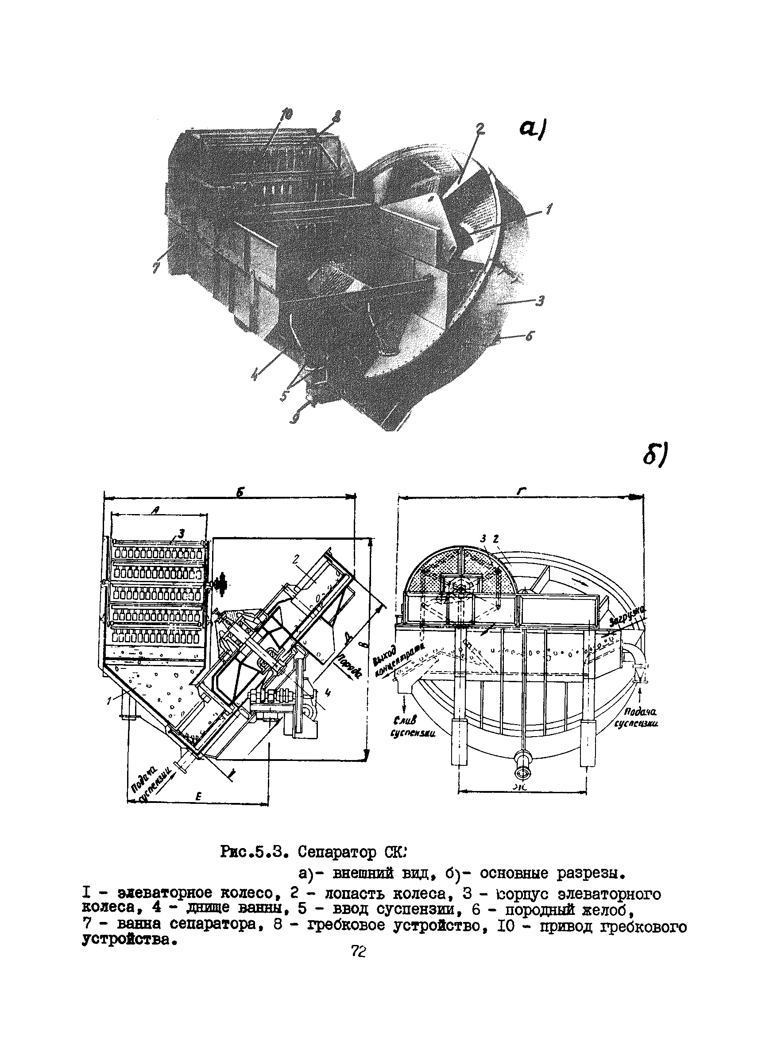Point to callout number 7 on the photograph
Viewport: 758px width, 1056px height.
[x=156, y=267]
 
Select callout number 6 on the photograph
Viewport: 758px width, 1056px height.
[x=529, y=336]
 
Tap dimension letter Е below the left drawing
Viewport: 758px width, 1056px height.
[x=197, y=797]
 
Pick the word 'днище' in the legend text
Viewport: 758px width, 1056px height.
[x=207, y=908]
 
